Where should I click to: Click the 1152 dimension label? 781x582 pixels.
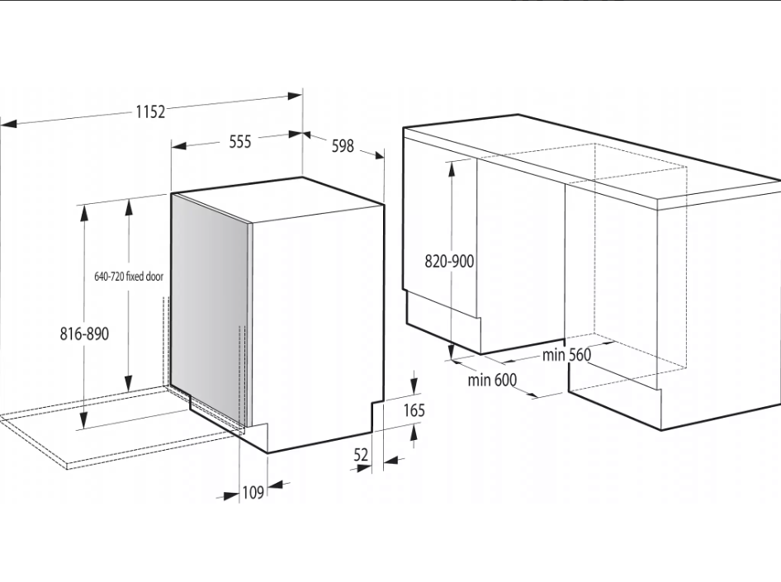tap(150, 111)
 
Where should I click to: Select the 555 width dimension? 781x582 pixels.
tap(240, 141)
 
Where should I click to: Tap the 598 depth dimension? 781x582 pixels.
tap(343, 145)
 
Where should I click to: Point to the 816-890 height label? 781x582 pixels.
tap(84, 334)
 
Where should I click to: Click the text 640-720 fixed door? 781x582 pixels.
tap(129, 277)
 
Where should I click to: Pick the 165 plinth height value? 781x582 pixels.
tap(414, 410)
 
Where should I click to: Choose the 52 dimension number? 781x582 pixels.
tap(361, 455)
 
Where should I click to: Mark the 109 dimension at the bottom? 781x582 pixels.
tap(253, 492)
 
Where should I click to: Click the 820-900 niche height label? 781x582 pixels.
tap(449, 261)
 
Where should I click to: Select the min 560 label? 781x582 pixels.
tap(567, 354)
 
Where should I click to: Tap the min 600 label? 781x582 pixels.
tap(492, 380)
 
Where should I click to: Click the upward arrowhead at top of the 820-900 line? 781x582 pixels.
tap(452, 168)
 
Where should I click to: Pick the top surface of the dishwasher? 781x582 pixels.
tap(279, 198)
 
